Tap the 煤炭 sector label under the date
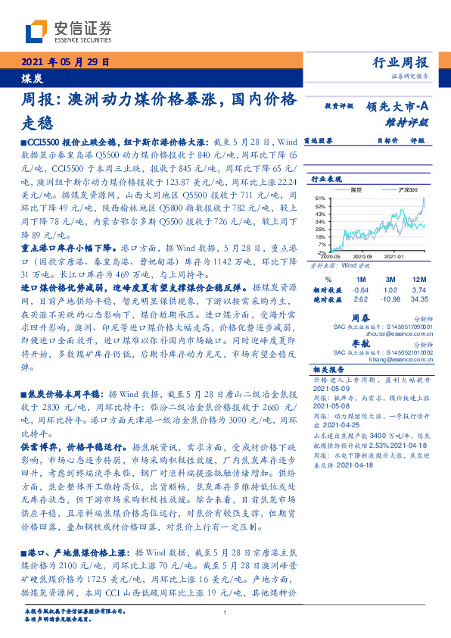tap(31, 77)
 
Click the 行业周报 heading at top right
tap(402, 63)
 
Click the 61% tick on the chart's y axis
tap(321, 198)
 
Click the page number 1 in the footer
tap(225, 614)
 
